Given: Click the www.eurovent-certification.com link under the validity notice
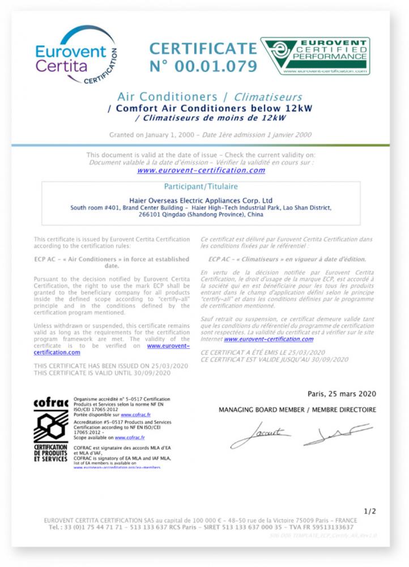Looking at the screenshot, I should (x=201, y=170).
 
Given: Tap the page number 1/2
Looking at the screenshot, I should (x=369, y=511).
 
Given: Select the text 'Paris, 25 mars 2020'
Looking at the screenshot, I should (x=342, y=393).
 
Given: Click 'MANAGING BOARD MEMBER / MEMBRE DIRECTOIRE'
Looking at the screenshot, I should (x=297, y=409).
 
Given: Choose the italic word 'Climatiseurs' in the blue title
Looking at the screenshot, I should (x=268, y=97).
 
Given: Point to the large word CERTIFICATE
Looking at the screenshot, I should (x=203, y=48).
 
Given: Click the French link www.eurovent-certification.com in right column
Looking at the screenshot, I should (x=269, y=339).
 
